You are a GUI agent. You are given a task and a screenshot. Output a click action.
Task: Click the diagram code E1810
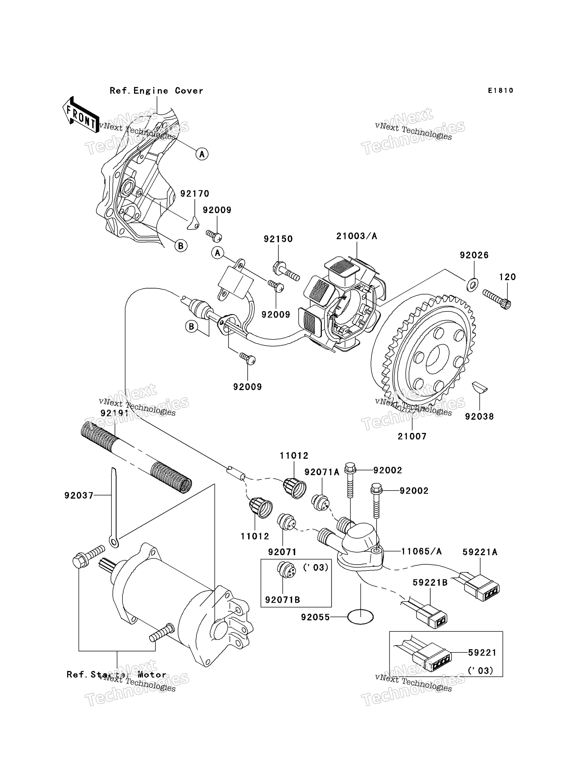coord(500,91)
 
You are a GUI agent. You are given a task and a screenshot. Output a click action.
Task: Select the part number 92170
coord(195,194)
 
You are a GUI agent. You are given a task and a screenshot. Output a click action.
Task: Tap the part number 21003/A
coord(356,236)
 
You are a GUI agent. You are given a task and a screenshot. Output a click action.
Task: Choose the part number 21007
coord(412,436)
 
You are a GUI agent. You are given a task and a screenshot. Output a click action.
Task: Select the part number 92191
coord(115,413)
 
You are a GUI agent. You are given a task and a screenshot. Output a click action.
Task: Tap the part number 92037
coord(79,495)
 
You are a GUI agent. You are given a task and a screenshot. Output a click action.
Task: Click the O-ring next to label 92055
coord(360,617)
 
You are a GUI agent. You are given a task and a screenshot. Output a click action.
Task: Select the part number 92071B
coord(282,600)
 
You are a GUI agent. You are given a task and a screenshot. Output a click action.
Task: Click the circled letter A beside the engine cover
coord(202,154)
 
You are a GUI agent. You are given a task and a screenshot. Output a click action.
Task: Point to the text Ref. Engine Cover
coord(156,91)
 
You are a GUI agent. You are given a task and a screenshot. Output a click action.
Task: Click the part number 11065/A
coord(421,552)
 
